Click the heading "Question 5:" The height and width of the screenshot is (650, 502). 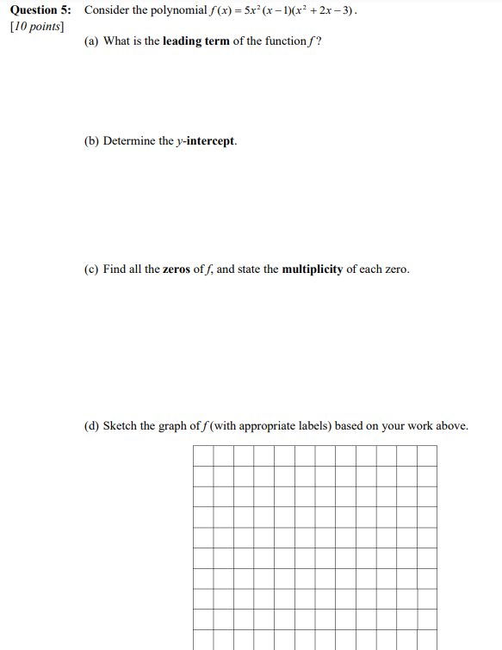click(41, 10)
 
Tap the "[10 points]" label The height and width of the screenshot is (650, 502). click(35, 26)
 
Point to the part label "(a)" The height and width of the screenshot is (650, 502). click(91, 41)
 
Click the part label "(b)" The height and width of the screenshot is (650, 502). click(91, 141)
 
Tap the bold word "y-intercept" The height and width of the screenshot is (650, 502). click(206, 141)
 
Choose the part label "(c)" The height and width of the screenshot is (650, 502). click(91, 269)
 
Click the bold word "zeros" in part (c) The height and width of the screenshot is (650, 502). click(177, 269)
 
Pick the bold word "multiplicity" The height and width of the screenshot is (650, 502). click(313, 269)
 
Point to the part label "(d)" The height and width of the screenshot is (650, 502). click(91, 426)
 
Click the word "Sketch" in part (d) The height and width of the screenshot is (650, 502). click(121, 426)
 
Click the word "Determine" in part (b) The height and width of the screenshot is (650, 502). click(129, 141)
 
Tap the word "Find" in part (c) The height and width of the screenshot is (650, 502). click(115, 269)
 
